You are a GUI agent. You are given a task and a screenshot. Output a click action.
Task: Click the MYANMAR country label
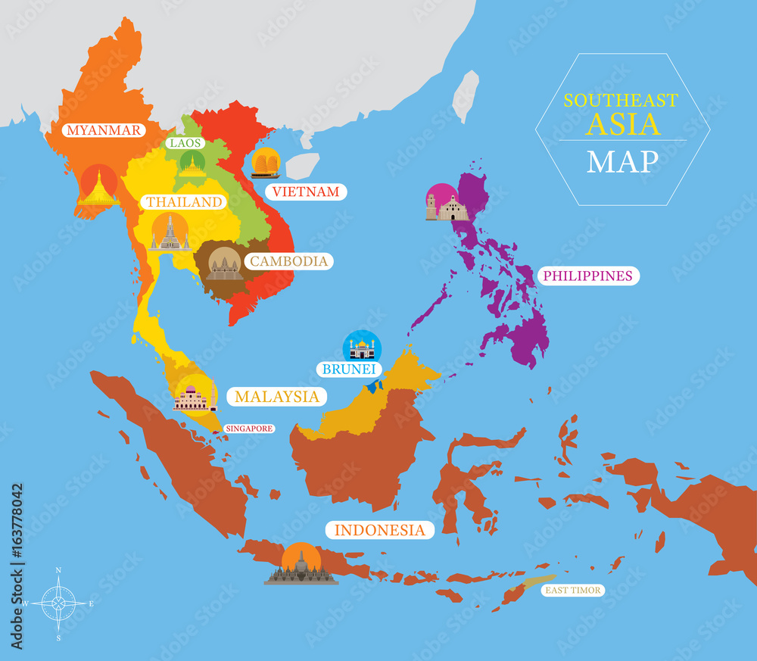103,130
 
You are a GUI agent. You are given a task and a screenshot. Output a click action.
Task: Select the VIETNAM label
306,192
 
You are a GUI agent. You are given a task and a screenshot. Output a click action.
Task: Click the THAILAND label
184,202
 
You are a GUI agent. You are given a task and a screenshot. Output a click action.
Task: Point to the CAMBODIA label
289,261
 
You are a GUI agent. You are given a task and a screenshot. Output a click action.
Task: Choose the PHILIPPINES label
587,276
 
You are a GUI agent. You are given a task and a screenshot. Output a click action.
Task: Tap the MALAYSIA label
276,396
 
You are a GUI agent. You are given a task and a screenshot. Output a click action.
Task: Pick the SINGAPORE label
249,429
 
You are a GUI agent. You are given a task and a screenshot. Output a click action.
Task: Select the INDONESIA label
380,530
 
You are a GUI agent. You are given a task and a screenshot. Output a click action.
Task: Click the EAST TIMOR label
572,590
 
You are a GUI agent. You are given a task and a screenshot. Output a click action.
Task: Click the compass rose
59,603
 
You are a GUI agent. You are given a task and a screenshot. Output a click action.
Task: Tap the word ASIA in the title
624,123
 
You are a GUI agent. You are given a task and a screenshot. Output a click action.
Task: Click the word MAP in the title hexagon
622,161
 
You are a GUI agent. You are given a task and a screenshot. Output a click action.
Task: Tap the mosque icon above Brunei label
362,348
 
